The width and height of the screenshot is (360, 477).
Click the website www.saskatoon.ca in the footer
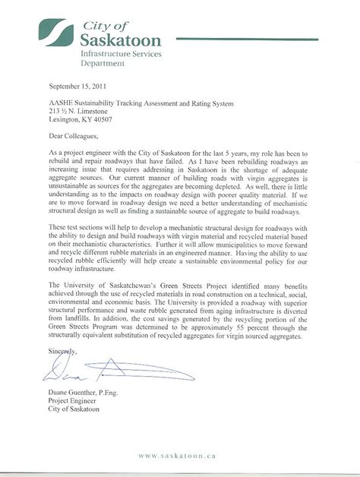[179, 456]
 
